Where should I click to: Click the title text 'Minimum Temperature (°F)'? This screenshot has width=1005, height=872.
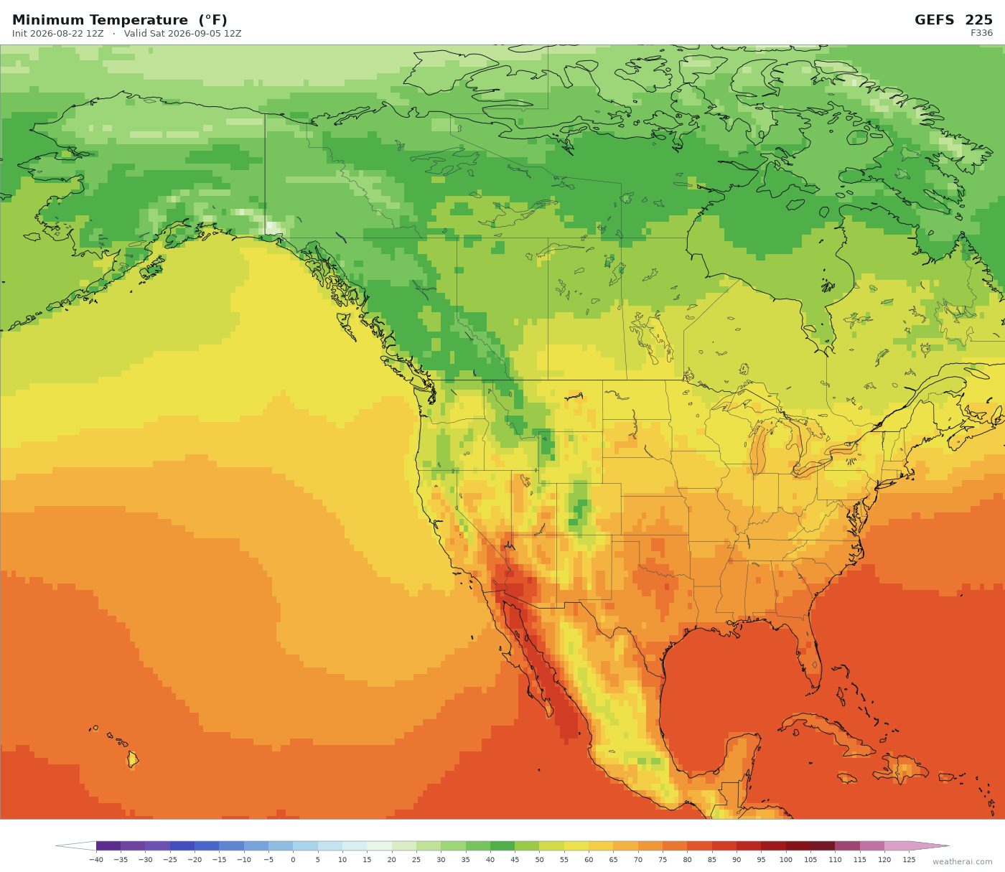pos(119,20)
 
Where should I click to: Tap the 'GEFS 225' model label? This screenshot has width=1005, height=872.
pos(953,20)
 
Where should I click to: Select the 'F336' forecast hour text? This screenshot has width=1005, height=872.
pos(981,33)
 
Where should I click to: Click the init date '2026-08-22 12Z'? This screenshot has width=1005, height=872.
pos(66,34)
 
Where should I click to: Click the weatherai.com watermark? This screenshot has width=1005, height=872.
pos(962,861)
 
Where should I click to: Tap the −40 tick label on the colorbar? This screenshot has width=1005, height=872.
pos(95,860)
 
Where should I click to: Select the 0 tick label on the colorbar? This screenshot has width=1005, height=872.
pos(294,860)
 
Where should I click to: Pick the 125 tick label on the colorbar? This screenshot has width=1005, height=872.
pos(909,860)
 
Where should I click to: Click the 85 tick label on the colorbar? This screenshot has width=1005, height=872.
pos(711,860)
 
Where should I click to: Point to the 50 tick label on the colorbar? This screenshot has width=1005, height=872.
pos(539,860)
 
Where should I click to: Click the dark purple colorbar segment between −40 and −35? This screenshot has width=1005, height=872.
pos(108,845)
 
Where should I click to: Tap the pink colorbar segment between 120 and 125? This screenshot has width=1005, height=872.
pos(897,845)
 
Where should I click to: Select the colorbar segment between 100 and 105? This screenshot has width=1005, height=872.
pos(798,845)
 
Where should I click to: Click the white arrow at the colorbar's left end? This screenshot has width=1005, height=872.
pos(75,845)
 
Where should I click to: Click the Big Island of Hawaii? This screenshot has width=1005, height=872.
pos(133,759)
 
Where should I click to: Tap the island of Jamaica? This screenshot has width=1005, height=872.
pos(846,778)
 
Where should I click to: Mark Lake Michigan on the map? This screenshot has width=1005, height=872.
pos(759,448)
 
